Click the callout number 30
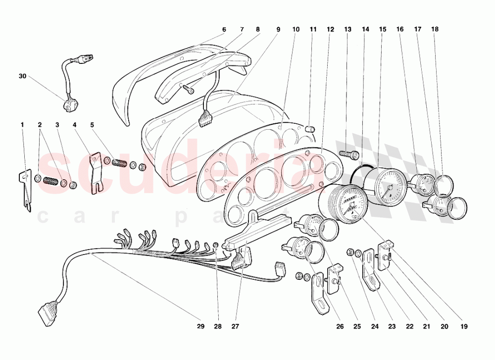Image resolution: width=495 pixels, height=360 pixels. [22, 76]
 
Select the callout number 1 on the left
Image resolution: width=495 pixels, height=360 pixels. [22, 124]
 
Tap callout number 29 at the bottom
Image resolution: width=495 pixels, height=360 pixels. [200, 326]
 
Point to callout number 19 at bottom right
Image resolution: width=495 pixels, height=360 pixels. [464, 326]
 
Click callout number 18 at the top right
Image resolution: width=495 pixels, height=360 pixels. [435, 29]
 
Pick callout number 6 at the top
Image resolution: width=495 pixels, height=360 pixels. [224, 29]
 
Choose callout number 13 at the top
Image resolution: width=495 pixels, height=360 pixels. [347, 29]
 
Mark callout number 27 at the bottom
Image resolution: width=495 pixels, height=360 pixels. [235, 326]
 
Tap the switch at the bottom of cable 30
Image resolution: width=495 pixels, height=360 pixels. [68, 104]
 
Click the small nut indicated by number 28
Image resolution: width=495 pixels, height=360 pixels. [216, 245]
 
